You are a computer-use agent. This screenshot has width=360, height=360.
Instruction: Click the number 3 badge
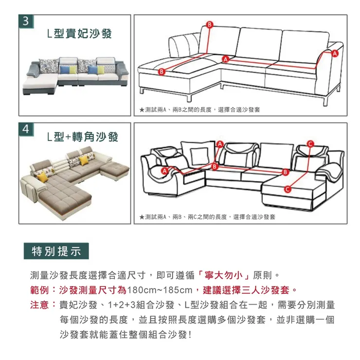(25, 22)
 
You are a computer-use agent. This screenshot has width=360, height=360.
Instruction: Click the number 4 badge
(25, 129)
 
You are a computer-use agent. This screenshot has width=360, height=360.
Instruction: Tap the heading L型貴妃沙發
(79, 34)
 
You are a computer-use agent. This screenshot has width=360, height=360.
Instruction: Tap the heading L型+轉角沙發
(83, 137)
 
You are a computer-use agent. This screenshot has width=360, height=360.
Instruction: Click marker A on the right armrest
(335, 53)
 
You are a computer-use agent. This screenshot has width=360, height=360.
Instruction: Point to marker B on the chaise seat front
(162, 72)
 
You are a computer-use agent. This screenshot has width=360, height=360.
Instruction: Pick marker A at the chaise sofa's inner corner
(225, 59)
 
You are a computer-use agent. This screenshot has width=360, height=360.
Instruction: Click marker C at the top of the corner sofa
(310, 142)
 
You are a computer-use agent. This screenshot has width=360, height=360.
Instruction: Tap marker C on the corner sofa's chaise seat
(287, 189)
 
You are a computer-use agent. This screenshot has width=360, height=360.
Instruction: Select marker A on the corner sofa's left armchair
(164, 171)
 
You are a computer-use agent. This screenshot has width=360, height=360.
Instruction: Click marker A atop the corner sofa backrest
(219, 144)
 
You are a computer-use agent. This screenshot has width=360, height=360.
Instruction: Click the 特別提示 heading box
(56, 252)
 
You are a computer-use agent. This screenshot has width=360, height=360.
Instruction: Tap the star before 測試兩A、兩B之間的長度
(141, 110)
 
